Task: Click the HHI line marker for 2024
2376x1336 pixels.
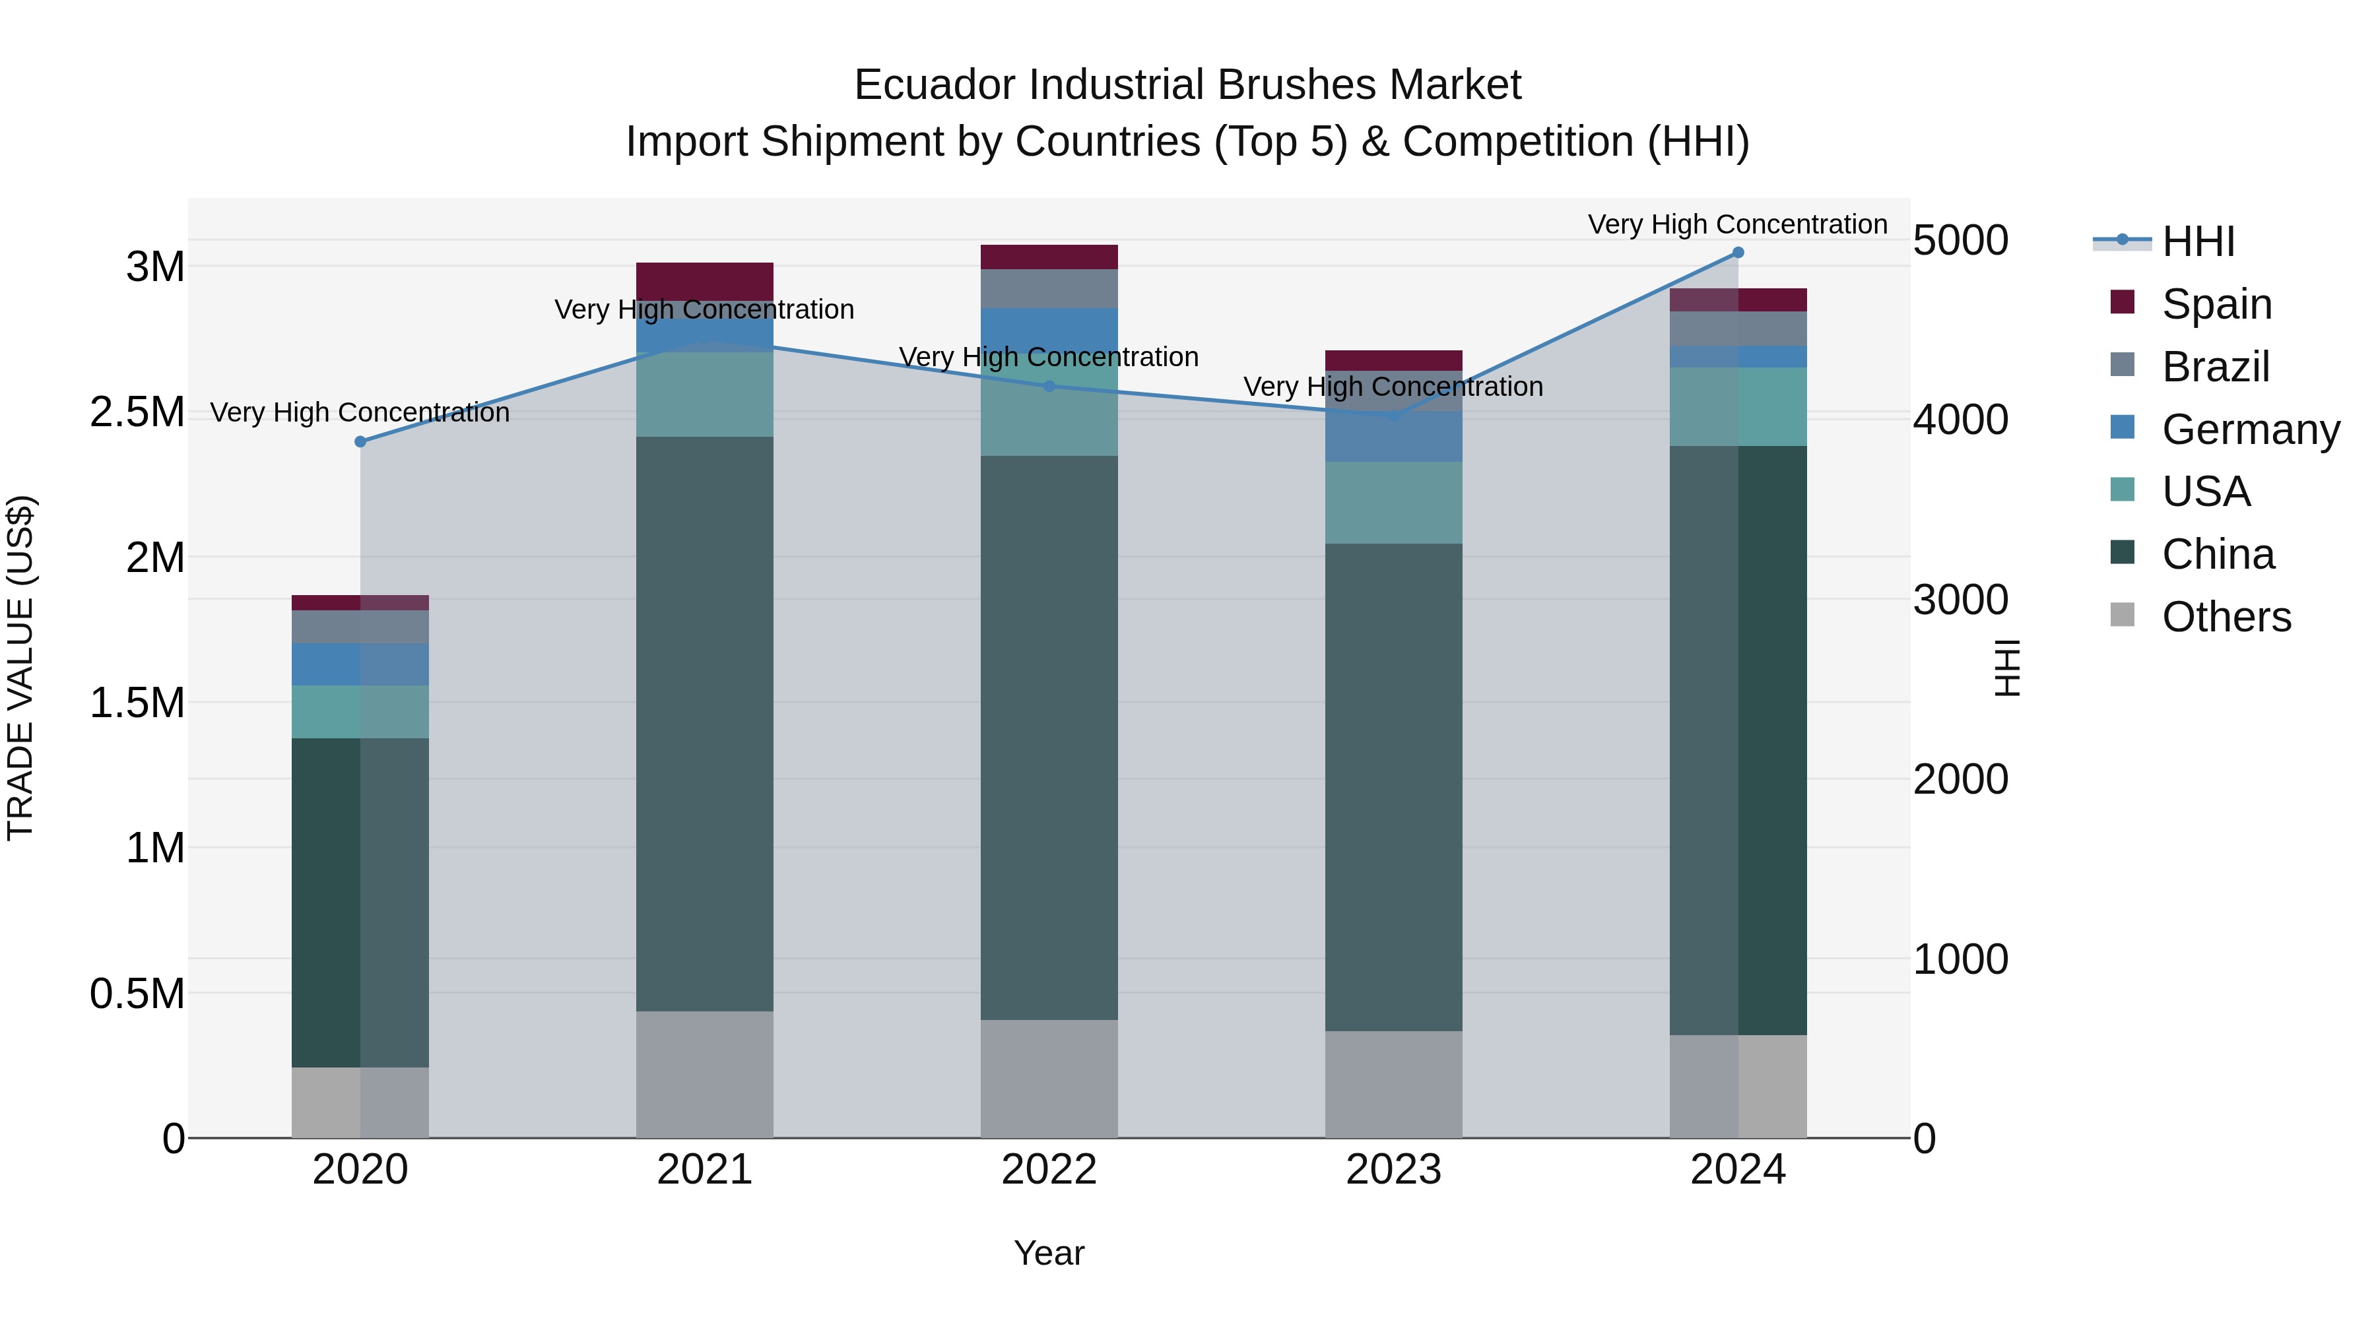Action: coord(1738,253)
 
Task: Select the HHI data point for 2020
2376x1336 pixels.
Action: coord(360,441)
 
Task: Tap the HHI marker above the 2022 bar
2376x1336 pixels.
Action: coord(1049,387)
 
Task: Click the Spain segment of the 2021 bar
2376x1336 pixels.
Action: coord(705,281)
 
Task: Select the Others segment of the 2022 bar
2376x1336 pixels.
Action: coord(1049,1078)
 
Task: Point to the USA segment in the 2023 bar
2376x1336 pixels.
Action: coord(1394,503)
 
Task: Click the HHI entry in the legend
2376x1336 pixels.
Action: coord(2197,241)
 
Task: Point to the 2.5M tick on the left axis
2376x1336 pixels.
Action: coord(137,412)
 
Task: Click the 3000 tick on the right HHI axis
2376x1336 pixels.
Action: coord(1960,599)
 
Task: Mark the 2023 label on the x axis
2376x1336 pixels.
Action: coord(1393,1169)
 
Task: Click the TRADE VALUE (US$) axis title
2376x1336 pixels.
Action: coord(20,668)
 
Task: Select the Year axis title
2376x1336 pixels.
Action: coord(1049,1253)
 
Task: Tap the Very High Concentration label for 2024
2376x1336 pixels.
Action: coord(1737,224)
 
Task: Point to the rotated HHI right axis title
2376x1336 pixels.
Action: coord(2007,668)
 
